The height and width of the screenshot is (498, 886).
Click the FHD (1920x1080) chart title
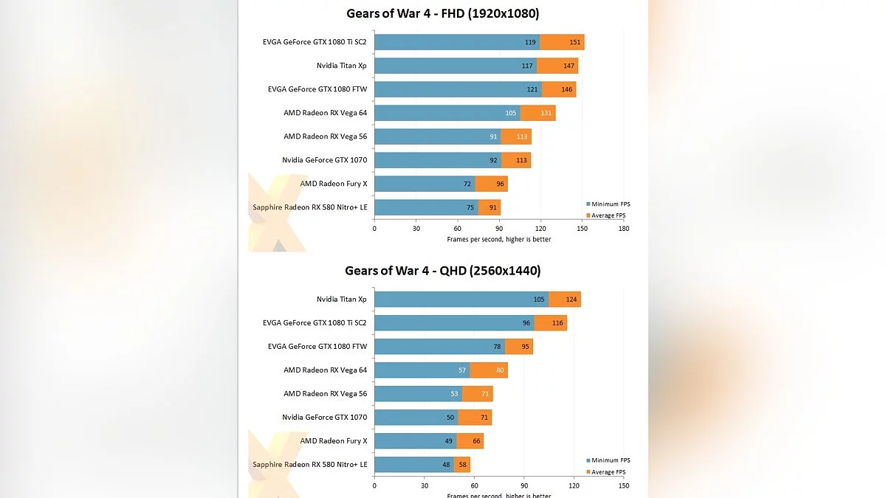point(442,13)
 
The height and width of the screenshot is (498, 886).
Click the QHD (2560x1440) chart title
point(442,271)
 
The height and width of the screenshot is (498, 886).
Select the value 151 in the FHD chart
point(574,42)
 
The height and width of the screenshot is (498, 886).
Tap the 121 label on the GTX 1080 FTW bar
point(532,89)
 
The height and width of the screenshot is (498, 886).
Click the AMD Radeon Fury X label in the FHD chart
point(333,184)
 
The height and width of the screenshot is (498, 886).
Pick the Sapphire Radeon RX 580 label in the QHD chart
point(309,464)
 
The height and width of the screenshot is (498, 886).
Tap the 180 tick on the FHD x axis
point(624,229)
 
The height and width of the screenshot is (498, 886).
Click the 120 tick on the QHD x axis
point(574,485)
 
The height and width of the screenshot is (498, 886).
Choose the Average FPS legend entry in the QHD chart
point(608,472)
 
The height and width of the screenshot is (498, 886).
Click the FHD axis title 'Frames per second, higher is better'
point(498,239)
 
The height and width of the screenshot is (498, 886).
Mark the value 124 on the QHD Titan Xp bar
point(571,299)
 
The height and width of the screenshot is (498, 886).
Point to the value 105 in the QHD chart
point(538,299)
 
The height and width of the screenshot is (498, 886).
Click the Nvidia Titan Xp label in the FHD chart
point(341,66)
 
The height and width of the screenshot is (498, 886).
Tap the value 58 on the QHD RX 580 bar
point(463,464)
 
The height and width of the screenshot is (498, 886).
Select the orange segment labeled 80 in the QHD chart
point(489,370)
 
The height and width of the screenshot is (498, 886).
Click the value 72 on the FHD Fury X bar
point(467,184)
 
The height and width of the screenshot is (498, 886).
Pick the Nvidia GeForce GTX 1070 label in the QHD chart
point(324,417)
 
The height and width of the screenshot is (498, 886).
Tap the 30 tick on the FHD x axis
point(416,229)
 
